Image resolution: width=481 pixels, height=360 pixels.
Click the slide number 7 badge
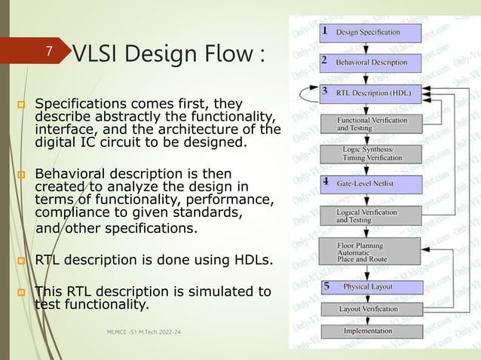tap(49, 52)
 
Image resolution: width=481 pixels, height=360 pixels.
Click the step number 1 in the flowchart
tap(324, 32)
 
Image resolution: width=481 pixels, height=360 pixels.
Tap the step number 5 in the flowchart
tap(326, 286)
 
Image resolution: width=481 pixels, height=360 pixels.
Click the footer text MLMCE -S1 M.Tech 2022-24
tap(149, 332)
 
